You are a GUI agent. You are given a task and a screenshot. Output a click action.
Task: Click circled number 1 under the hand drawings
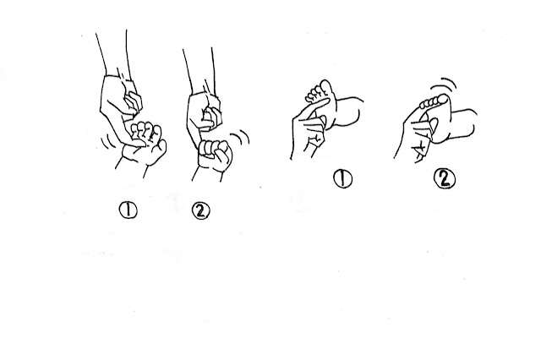(128, 210)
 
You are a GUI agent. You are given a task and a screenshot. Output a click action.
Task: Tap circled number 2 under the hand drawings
(201, 210)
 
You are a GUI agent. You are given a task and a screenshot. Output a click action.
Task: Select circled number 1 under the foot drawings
(342, 178)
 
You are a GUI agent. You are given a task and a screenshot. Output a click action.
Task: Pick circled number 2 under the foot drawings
(445, 179)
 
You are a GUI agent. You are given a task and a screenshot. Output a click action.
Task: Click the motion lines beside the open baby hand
(107, 142)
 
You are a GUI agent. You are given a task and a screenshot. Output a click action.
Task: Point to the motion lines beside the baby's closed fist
(242, 137)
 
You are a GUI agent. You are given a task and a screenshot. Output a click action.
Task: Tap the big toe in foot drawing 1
(326, 88)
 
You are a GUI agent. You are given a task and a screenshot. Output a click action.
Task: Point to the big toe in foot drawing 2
(442, 100)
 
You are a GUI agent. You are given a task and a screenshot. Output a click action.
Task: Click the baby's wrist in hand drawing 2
(207, 173)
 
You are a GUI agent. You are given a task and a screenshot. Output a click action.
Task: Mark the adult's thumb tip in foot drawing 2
(434, 122)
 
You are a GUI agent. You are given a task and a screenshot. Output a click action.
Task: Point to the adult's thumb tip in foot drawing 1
(323, 119)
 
